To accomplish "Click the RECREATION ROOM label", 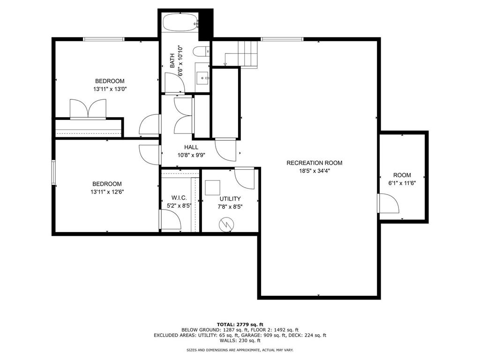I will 314,163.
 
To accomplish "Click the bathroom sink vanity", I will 202,77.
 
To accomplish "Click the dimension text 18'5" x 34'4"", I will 314,171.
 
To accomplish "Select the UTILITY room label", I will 230,199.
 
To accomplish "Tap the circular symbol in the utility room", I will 227,225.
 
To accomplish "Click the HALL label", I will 178,147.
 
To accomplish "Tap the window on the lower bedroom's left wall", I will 53,174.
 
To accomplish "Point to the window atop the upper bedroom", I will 104,39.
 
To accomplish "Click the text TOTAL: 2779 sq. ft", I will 240,324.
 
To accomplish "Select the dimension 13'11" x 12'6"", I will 108,191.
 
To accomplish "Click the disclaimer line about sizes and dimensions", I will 240,350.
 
